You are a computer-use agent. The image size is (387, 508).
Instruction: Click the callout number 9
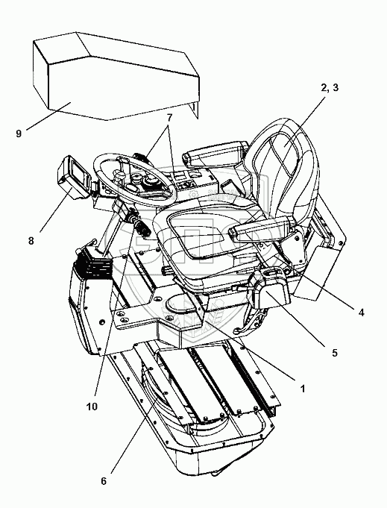click(x=19, y=134)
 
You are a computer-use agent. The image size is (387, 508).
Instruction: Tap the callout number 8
click(x=31, y=241)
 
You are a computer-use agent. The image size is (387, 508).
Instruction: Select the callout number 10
click(x=92, y=407)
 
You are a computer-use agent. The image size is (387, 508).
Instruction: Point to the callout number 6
click(x=104, y=481)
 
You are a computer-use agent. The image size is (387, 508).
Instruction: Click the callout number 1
click(x=303, y=388)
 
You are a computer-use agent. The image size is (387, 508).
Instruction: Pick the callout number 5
click(x=335, y=353)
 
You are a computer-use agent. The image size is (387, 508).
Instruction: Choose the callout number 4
click(x=362, y=313)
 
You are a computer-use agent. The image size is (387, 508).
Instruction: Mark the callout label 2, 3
click(x=330, y=87)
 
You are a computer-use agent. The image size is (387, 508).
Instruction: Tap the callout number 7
click(x=169, y=118)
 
